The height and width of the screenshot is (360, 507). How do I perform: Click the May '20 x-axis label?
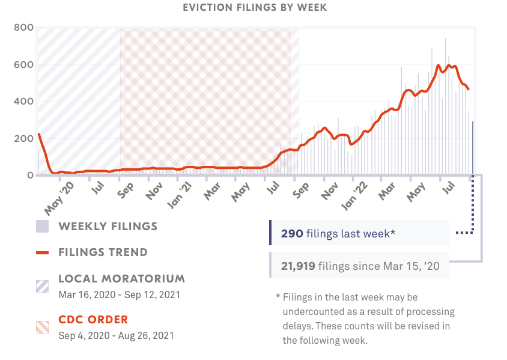(x=59, y=198)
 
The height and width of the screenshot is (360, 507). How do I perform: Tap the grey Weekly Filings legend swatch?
(x=42, y=227)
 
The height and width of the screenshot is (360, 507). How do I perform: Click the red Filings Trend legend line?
(x=42, y=252)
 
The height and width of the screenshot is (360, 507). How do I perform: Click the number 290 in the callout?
(x=292, y=233)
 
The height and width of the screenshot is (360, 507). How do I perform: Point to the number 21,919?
(x=298, y=265)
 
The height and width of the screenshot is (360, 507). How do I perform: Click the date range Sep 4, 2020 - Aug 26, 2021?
(x=116, y=335)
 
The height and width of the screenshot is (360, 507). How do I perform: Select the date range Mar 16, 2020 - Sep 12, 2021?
(x=119, y=295)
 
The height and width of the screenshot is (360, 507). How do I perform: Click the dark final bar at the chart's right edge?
(x=473, y=148)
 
